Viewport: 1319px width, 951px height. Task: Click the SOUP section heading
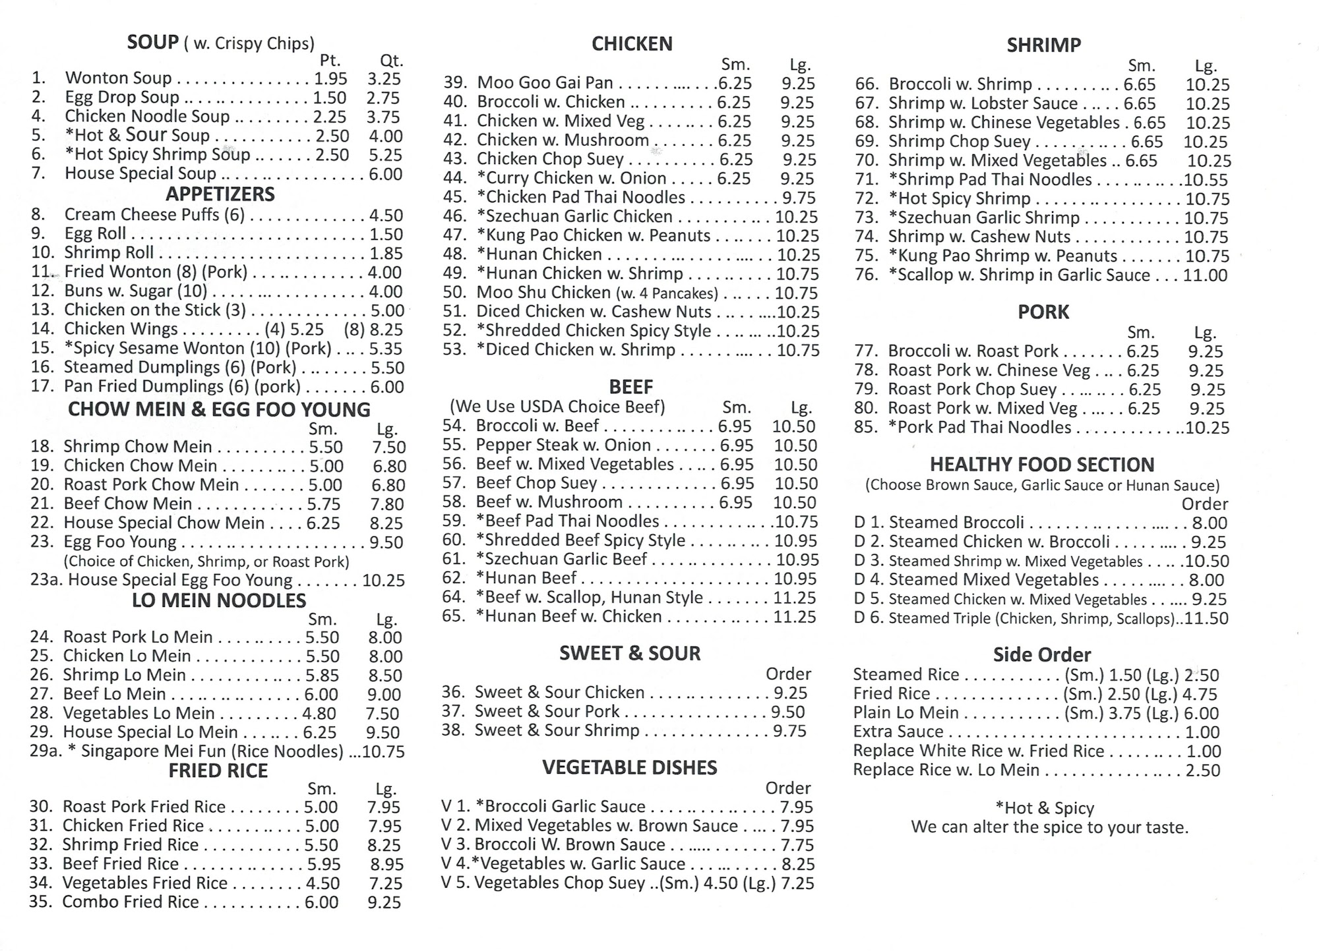click(152, 42)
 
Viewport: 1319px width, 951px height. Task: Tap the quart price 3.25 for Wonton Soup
click(384, 78)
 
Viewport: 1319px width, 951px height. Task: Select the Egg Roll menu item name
click(95, 234)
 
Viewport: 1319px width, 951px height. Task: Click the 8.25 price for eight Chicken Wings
click(386, 330)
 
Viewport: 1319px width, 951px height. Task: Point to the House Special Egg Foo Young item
click(180, 580)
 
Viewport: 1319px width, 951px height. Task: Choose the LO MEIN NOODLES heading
click(219, 600)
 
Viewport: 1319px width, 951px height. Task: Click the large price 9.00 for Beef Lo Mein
click(384, 695)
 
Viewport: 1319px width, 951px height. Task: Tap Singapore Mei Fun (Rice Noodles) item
click(212, 751)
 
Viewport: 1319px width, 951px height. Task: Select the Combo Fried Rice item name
click(131, 902)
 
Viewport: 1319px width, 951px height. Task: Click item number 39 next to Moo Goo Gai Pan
click(455, 83)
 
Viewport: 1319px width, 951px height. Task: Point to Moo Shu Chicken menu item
click(543, 293)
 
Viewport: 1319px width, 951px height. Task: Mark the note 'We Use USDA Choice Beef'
click(557, 407)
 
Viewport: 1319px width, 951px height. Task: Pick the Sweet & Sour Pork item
click(547, 712)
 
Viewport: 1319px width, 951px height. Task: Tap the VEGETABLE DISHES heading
click(630, 768)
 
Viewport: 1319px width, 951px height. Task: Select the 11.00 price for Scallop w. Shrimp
click(1205, 275)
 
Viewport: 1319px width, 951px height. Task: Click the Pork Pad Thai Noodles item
click(979, 428)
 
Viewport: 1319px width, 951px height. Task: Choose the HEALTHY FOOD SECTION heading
click(1042, 465)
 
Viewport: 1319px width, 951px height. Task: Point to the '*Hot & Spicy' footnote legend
click(1045, 808)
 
